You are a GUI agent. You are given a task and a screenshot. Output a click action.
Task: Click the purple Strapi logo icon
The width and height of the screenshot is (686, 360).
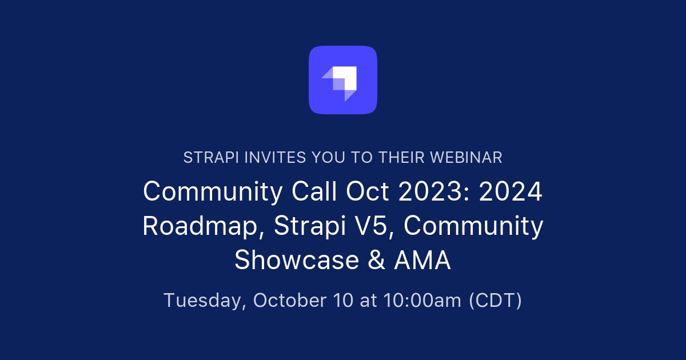[x=343, y=80]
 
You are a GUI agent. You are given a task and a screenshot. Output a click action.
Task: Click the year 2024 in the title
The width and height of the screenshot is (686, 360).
[x=510, y=192]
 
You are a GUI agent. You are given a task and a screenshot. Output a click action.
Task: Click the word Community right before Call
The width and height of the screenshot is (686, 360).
[x=212, y=192]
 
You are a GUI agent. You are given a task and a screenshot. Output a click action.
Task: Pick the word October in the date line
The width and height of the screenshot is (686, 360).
[x=289, y=301]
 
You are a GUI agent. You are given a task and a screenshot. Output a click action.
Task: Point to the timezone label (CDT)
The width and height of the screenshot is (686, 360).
[x=495, y=301]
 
